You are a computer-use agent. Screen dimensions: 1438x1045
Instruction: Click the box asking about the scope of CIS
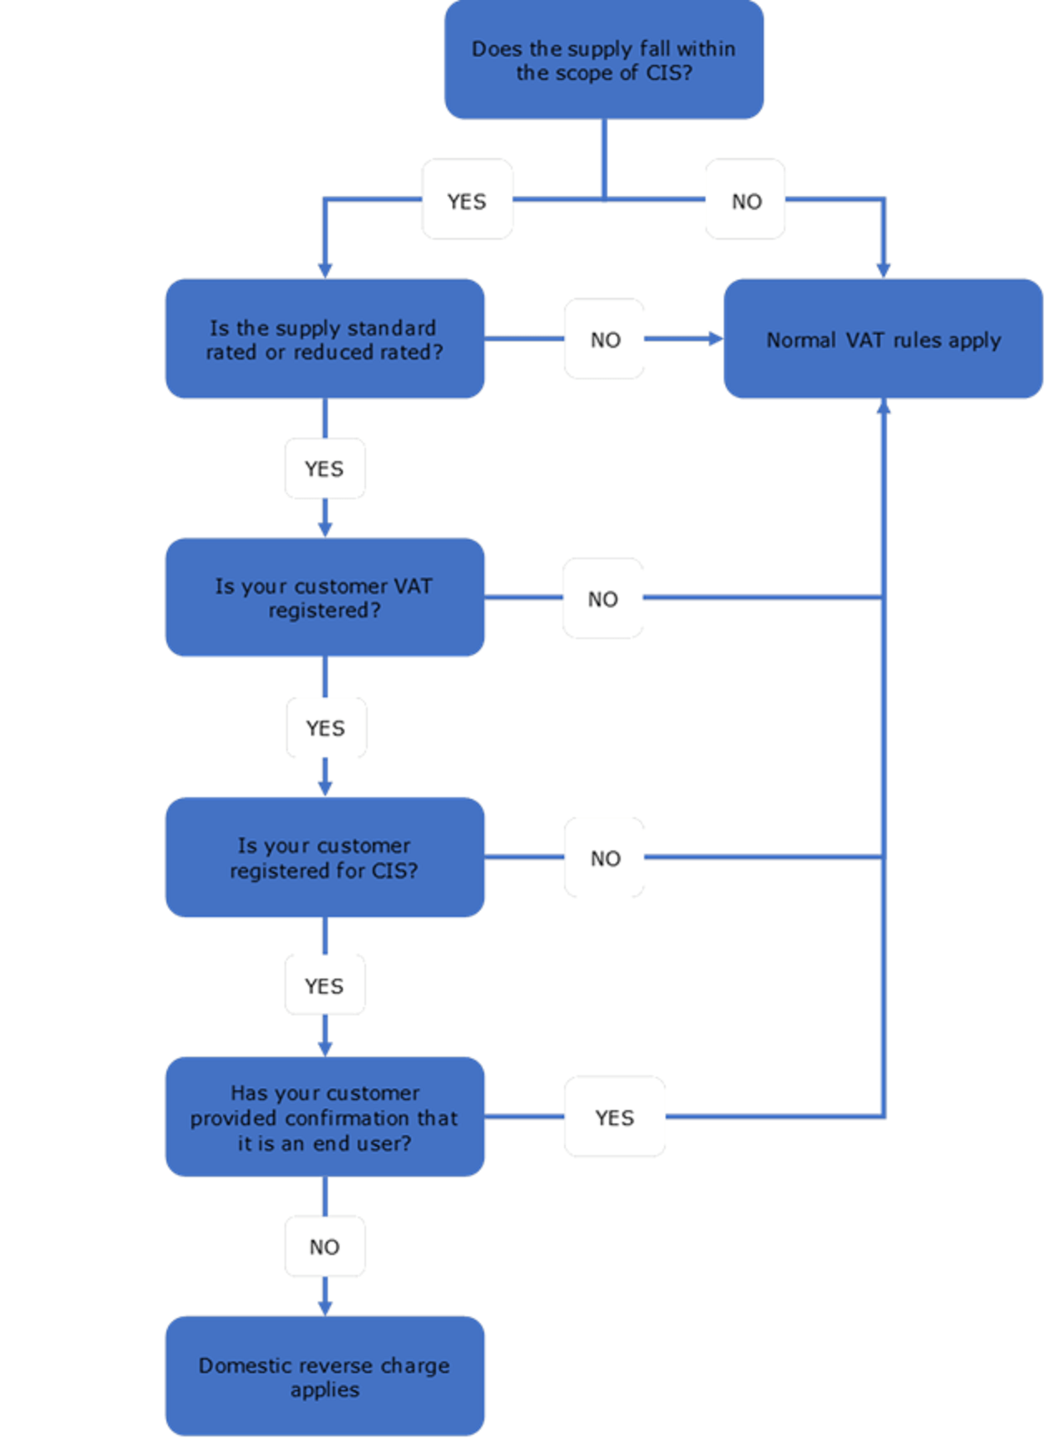(604, 60)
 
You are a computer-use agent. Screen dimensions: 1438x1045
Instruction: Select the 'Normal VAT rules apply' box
(883, 339)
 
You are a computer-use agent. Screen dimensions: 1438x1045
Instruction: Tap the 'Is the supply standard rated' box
(324, 339)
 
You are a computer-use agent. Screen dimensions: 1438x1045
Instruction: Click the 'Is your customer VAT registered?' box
(324, 598)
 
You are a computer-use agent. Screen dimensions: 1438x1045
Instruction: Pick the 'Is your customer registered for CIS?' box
(324, 857)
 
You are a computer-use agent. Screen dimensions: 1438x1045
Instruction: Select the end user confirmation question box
(324, 1117)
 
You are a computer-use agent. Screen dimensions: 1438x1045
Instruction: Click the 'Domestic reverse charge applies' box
(324, 1376)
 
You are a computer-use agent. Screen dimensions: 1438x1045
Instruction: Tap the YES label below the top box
(467, 201)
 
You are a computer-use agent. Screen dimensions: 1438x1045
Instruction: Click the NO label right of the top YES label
(746, 201)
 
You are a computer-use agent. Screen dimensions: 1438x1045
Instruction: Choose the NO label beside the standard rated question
(605, 340)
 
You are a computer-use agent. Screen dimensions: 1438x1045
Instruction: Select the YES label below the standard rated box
(324, 469)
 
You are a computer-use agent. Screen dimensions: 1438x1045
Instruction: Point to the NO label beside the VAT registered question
(602, 599)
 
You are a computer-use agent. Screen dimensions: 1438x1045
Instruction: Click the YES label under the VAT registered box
(325, 728)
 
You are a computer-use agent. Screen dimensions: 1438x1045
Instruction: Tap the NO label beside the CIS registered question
(605, 858)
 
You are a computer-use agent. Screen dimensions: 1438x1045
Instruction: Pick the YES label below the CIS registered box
(324, 986)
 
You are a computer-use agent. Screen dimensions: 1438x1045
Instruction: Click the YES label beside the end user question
(614, 1118)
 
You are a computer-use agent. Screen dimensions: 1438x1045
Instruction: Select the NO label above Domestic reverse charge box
(324, 1247)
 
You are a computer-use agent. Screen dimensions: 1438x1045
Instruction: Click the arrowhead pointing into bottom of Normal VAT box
(884, 406)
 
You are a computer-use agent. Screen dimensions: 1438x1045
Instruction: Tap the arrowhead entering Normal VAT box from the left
(716, 339)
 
